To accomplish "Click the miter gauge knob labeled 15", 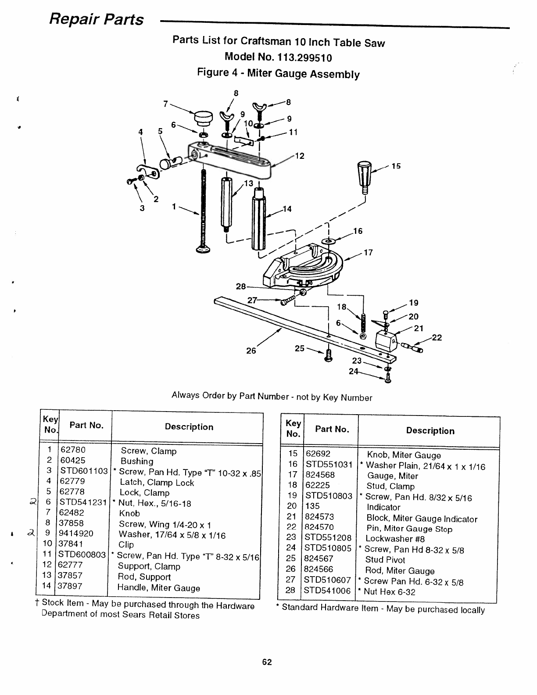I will click(x=365, y=174).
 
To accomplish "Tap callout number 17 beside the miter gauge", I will click(x=368, y=253).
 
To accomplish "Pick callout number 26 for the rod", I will click(x=251, y=351).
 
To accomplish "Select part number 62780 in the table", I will click(x=73, y=450).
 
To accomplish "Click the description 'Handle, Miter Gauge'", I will click(x=158, y=588).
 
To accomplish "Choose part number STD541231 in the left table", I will click(x=83, y=502).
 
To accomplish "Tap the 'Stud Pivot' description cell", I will click(x=385, y=560).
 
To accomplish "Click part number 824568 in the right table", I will click(x=320, y=475).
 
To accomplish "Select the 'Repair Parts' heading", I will click(x=97, y=19).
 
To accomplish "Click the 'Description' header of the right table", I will click(x=430, y=431).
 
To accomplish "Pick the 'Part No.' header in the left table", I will click(x=86, y=425).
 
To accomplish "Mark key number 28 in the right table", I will click(x=290, y=591).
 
